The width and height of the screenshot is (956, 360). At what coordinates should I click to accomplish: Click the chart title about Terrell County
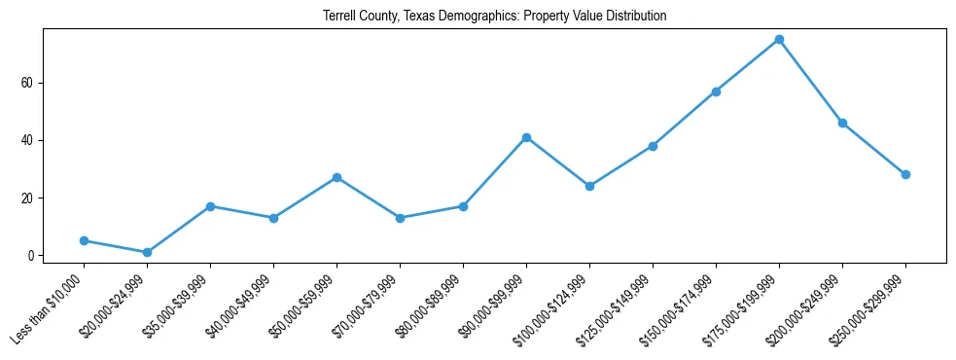(x=495, y=17)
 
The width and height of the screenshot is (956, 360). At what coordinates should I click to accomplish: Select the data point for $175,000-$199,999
(x=779, y=40)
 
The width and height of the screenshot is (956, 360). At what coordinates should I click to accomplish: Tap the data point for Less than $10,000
(x=84, y=240)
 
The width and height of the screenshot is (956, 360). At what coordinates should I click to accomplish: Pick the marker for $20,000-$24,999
(x=147, y=252)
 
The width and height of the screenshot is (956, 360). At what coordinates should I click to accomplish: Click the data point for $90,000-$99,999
(x=526, y=137)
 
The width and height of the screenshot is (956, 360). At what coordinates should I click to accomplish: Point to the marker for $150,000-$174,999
(x=716, y=91)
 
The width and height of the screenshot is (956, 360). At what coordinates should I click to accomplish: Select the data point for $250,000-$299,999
(x=905, y=174)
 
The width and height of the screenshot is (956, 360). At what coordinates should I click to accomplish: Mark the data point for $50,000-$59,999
(x=336, y=177)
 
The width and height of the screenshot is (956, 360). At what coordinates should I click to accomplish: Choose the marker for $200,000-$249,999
(x=842, y=123)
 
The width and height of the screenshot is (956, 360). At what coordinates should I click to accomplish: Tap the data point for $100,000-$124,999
(x=589, y=186)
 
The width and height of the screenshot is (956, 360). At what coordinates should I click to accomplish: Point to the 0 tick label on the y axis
(x=30, y=256)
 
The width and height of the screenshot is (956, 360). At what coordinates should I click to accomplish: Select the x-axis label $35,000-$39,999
(x=175, y=308)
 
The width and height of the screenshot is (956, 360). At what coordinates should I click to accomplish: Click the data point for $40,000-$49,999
(x=273, y=218)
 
